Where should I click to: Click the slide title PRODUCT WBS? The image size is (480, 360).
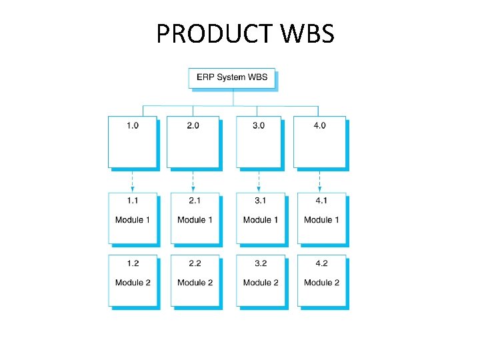(245, 33)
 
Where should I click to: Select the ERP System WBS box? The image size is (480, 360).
(232, 77)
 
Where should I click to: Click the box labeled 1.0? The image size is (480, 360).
(133, 141)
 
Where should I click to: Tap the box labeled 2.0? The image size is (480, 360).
(192, 141)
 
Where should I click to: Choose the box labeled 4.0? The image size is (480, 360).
(319, 141)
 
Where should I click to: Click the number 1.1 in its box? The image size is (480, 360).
(133, 201)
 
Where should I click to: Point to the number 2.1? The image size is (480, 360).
(195, 201)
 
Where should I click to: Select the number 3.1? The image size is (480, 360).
(261, 201)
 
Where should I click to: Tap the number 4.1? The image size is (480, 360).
(321, 201)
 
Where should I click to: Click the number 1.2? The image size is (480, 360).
(133, 263)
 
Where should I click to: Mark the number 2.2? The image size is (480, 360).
(195, 263)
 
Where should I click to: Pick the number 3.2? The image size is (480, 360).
(261, 263)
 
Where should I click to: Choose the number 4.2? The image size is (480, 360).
(321, 263)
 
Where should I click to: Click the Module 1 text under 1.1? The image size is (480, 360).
(133, 220)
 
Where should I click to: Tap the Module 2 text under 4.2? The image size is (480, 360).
(321, 283)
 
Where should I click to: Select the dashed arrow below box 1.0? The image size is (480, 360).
(133, 180)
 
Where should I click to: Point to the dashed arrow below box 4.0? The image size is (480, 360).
(319, 180)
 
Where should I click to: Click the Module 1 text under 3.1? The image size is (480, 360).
(261, 220)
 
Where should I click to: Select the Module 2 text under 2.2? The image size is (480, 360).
(195, 283)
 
